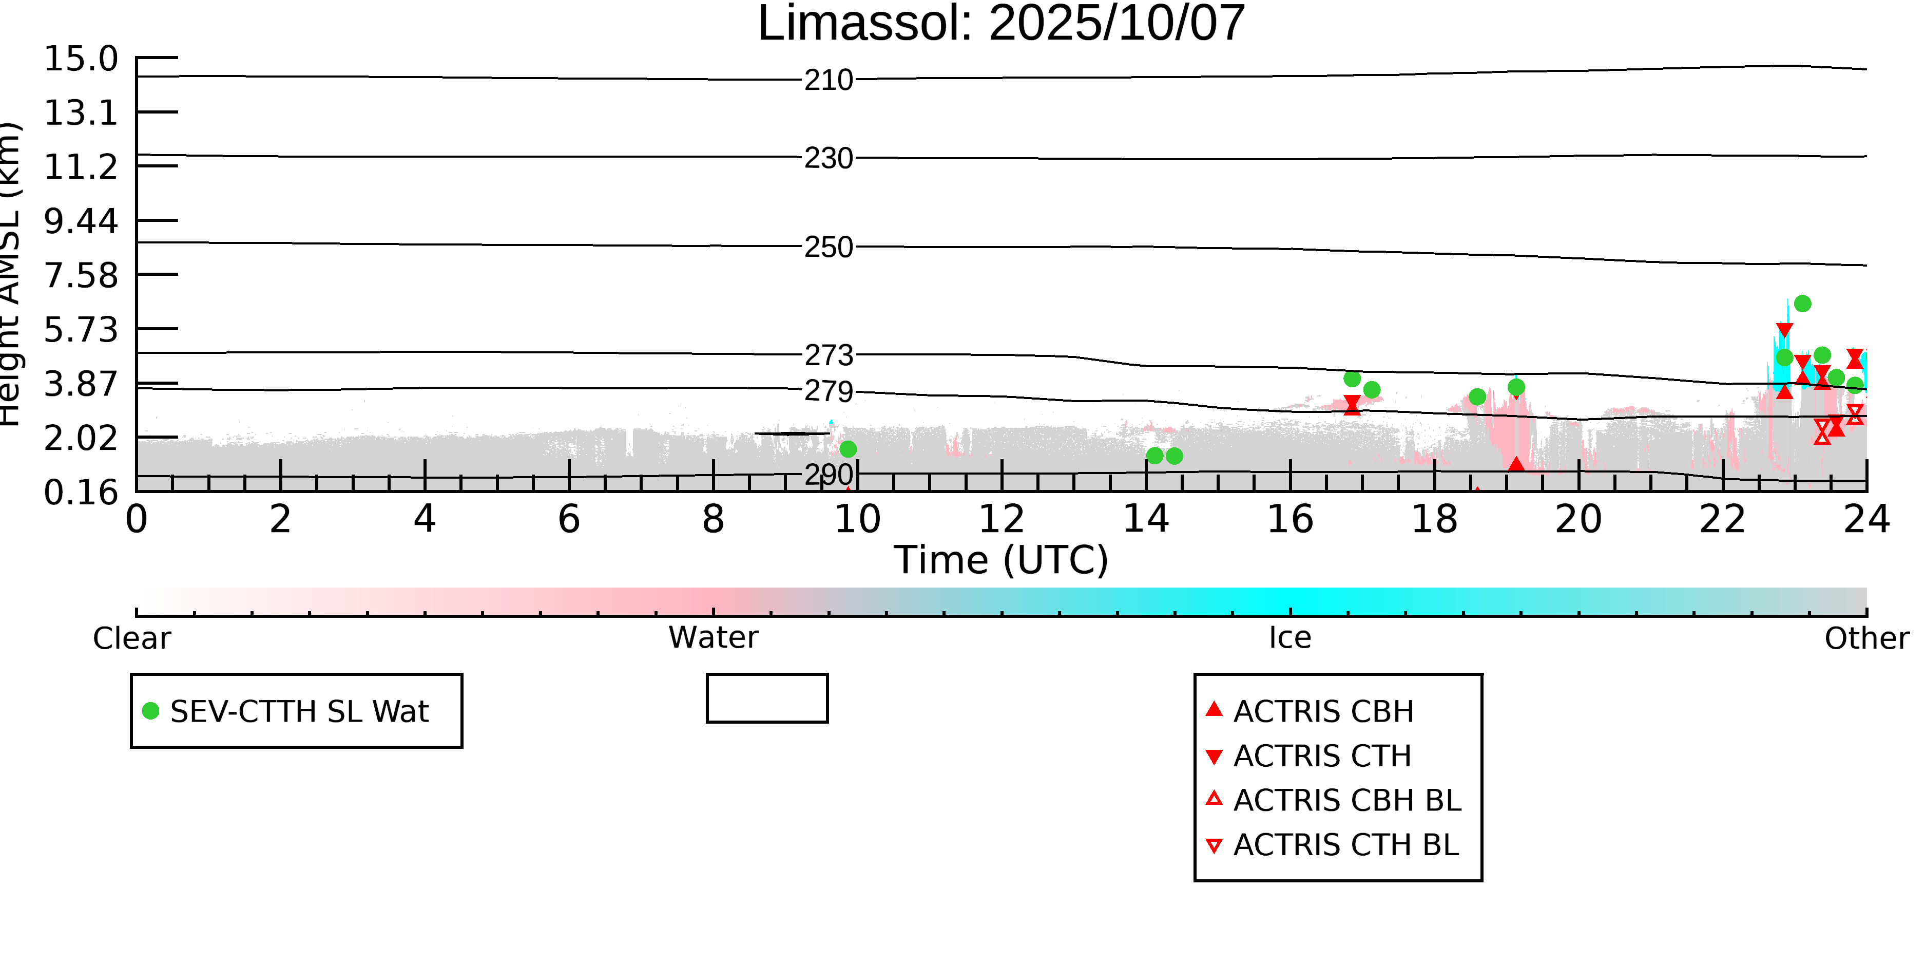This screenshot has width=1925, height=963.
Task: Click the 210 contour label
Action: [828, 80]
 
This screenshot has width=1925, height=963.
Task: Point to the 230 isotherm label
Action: [828, 159]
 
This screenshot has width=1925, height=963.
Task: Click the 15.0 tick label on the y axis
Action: [81, 59]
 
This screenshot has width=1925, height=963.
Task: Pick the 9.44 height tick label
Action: [81, 221]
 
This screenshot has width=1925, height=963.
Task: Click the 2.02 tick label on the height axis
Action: [81, 438]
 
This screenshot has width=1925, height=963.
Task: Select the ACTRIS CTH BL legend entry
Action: [1345, 845]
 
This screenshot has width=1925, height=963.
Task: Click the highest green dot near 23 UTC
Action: [1802, 304]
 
